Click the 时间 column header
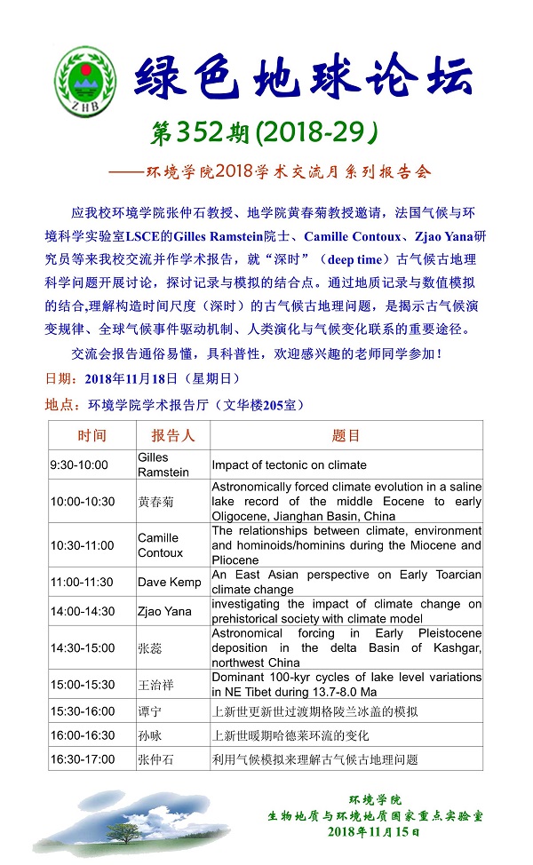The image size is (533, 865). [x=91, y=435]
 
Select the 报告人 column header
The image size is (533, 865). [x=172, y=435]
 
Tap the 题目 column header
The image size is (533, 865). [x=346, y=435]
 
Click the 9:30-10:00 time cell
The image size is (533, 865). [x=79, y=464]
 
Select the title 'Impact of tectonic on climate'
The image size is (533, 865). [x=289, y=464]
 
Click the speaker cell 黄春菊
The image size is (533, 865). [x=157, y=501]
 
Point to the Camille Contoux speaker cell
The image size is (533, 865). [x=160, y=545]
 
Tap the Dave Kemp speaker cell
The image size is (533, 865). [x=164, y=582]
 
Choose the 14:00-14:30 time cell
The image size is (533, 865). [x=83, y=612]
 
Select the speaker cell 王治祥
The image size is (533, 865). [x=157, y=685]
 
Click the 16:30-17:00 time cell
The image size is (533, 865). [x=83, y=759]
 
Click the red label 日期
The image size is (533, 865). [x=60, y=378]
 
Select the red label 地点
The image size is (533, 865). [x=60, y=404]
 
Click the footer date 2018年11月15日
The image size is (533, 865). [x=373, y=831]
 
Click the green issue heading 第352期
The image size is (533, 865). [x=201, y=133]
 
